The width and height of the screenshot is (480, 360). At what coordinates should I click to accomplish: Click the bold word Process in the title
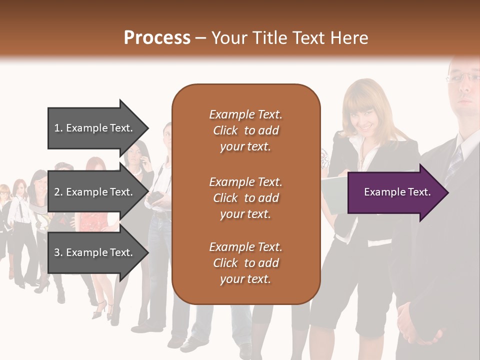pos(157,38)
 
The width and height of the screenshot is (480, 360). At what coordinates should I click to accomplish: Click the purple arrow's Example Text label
pos(397,192)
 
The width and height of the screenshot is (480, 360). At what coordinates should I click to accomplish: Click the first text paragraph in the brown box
pos(245,130)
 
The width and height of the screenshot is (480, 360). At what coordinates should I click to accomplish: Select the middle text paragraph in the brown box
pos(245,198)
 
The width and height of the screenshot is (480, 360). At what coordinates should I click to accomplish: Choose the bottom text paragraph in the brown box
pos(245,263)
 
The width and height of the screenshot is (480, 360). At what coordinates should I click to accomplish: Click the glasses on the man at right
pos(462,77)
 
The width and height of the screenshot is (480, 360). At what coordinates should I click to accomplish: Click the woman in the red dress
pos(95,220)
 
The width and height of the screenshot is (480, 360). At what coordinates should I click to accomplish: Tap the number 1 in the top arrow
pos(57,128)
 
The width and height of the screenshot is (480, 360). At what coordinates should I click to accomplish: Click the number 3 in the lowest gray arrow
pos(57,252)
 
